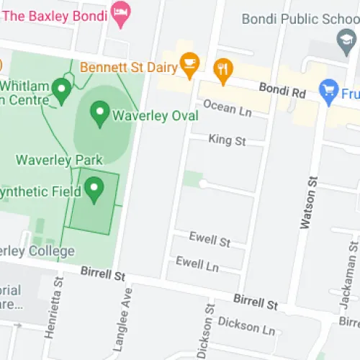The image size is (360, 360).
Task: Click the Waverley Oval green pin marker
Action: tap(99, 112)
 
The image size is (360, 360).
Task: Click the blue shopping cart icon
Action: tap(329, 91)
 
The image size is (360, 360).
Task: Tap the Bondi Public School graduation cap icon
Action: tap(345, 42)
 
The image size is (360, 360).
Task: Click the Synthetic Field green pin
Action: tap(94, 189)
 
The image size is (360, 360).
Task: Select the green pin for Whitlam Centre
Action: tap(62, 91)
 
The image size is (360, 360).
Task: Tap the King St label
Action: tap(227, 139)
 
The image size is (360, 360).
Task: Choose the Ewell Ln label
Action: tap(197, 264)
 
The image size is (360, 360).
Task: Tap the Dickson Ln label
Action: tap(246, 325)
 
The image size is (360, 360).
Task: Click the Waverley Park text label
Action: tap(59, 159)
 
